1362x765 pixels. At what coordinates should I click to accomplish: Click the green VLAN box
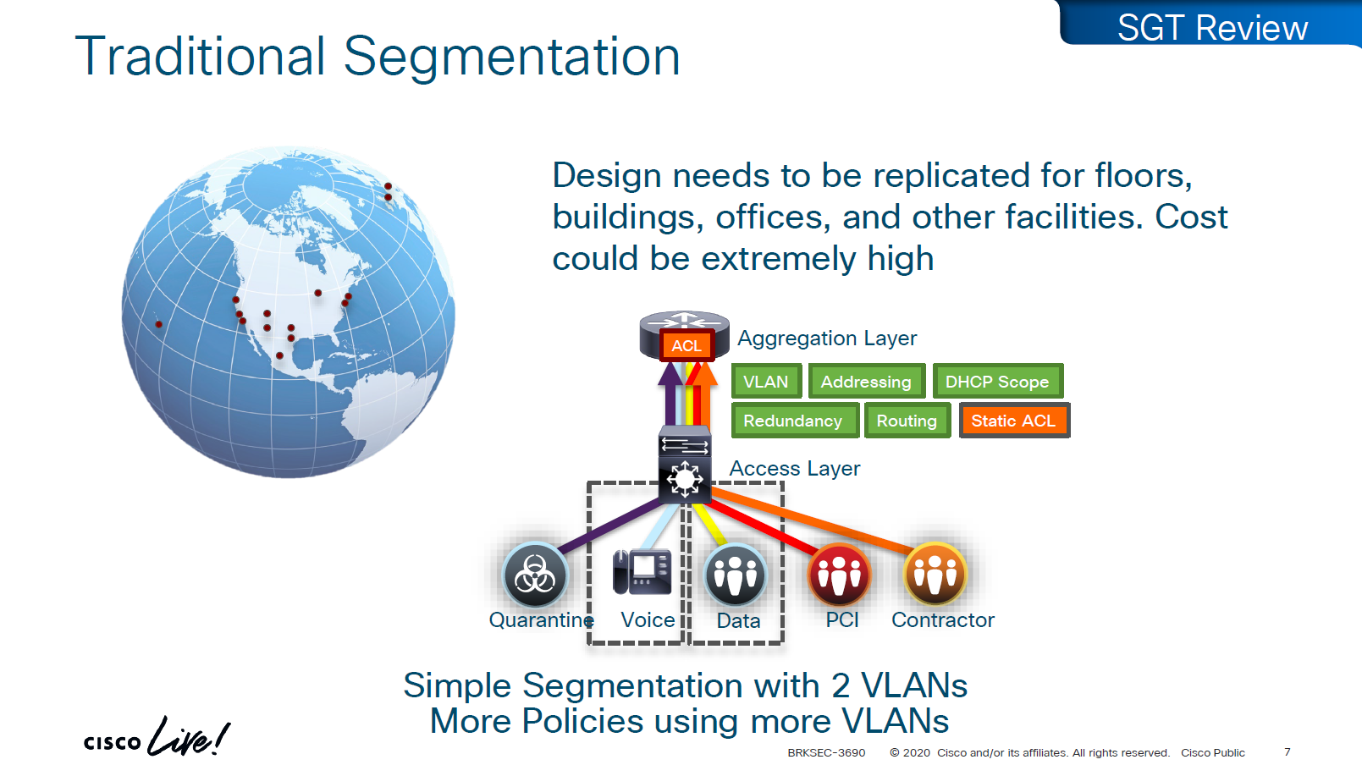coord(766,381)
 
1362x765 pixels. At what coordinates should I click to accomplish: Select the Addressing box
coord(867,381)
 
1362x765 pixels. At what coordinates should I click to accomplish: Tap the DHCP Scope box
coord(998,381)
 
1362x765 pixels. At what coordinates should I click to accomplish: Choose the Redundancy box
coord(795,420)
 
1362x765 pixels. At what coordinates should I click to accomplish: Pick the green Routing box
coord(907,420)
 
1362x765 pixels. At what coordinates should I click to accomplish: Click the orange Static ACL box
coord(1014,420)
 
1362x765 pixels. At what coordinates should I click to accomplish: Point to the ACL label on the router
coord(687,345)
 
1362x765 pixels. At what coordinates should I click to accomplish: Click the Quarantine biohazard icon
coord(535,575)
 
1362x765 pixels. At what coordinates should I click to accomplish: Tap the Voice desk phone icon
coord(642,572)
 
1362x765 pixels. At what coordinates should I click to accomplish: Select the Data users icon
coord(735,575)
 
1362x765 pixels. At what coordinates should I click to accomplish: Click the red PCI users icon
coord(840,575)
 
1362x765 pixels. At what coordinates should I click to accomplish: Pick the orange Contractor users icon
coord(935,575)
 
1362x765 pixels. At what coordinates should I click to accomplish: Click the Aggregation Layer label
coord(827,338)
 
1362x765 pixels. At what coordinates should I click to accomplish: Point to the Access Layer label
coord(795,469)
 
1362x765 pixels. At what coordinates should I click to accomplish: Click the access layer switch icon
coord(685,465)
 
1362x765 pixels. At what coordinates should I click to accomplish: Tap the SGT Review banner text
coord(1212,28)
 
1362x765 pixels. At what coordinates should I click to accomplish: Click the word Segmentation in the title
coord(511,57)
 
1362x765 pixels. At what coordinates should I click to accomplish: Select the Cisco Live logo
coord(157,736)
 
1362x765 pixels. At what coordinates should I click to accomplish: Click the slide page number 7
coord(1287,751)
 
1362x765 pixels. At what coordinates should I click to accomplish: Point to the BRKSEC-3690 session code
coord(826,752)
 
